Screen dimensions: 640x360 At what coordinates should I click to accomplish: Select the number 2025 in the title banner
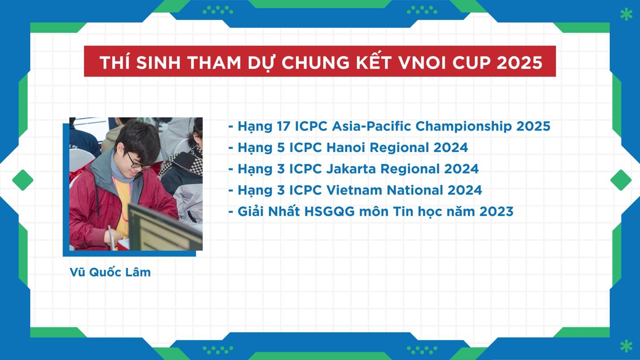tap(520, 62)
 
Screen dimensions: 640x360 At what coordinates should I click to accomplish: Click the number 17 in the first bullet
tap(283, 126)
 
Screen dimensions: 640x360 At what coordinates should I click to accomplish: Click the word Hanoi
tap(346, 148)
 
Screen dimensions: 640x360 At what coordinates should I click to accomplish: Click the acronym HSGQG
tap(329, 212)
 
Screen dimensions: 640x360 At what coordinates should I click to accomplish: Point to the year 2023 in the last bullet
tap(496, 212)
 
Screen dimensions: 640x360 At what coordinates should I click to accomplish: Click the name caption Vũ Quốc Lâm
tap(110, 272)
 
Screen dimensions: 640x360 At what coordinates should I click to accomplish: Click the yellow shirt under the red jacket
tap(123, 206)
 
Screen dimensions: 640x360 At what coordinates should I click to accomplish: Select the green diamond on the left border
tap(23, 180)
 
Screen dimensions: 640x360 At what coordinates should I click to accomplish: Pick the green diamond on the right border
tap(621, 180)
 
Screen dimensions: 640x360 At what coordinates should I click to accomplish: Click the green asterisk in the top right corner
tap(626, 15)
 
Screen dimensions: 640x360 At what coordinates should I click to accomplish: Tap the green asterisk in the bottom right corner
tap(626, 346)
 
